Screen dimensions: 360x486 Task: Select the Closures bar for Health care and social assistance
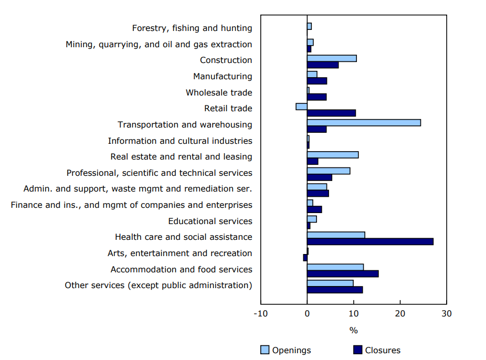[x=370, y=241]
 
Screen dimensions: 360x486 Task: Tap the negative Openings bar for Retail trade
[x=301, y=107]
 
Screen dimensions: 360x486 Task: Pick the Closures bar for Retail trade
[x=331, y=113]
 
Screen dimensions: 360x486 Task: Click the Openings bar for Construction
[x=332, y=58]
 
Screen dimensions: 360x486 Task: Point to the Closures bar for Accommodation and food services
[x=342, y=273]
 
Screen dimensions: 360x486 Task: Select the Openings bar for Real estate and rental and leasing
[x=333, y=155]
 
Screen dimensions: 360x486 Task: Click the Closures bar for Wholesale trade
[x=316, y=97]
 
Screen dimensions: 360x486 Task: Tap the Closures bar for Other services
[x=334, y=290]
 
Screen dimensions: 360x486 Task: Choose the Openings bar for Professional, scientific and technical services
[x=329, y=171]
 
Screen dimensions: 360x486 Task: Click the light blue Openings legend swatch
[x=265, y=350]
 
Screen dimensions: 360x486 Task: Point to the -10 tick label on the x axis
[x=260, y=314]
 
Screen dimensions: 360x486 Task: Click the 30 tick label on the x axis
[x=446, y=314]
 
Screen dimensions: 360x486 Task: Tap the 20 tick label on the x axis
[x=400, y=314]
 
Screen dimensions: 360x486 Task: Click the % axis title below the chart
[x=353, y=331]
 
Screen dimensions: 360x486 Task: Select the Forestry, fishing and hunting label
[x=192, y=28]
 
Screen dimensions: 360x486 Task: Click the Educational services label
[x=210, y=221]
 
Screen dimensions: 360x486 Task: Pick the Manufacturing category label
[x=223, y=76]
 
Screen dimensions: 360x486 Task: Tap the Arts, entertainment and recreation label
[x=179, y=253]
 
